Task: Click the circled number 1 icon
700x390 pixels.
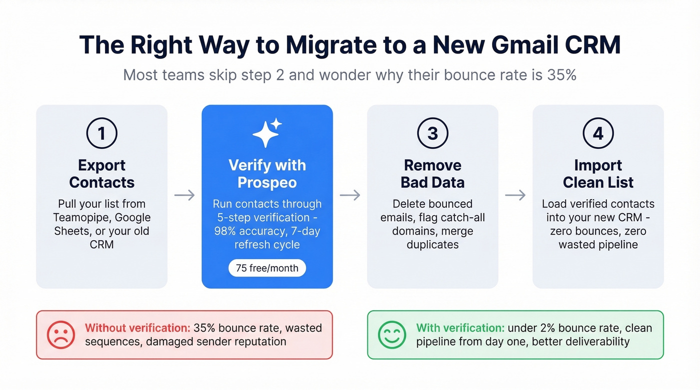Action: pyautogui.click(x=101, y=133)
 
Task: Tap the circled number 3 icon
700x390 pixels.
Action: pyautogui.click(x=432, y=133)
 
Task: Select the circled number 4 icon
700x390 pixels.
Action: pyautogui.click(x=598, y=133)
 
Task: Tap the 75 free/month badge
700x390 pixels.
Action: pyautogui.click(x=267, y=268)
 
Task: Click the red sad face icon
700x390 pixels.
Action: pyautogui.click(x=61, y=335)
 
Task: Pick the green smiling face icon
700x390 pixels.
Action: pyautogui.click(x=392, y=335)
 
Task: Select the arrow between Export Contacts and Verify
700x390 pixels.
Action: pyautogui.click(x=184, y=195)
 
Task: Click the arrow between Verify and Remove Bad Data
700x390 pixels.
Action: pyautogui.click(x=350, y=195)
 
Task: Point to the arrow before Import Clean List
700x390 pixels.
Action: pyautogui.click(x=515, y=195)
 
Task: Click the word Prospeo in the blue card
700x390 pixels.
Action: pyautogui.click(x=267, y=183)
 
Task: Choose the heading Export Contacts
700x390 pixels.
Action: pyautogui.click(x=101, y=174)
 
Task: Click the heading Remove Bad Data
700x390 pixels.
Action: pyautogui.click(x=432, y=174)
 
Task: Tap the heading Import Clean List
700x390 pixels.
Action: pyautogui.click(x=598, y=174)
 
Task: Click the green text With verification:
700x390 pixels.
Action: pyautogui.click(x=460, y=328)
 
